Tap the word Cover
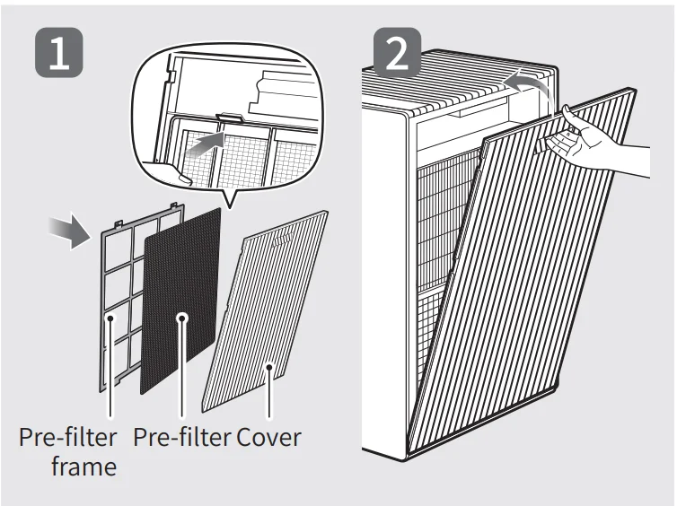[269, 438]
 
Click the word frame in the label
[84, 467]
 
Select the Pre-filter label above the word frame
[68, 438]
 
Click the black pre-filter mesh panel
[180, 296]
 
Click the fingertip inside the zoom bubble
[183, 179]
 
